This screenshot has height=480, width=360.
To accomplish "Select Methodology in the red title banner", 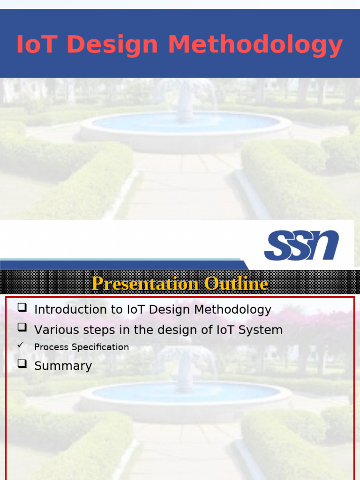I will pyautogui.click(x=255, y=46).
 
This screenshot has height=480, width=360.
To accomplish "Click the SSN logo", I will pyautogui.click(x=301, y=245).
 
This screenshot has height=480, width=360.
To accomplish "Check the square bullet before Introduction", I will pyautogui.click(x=22, y=308).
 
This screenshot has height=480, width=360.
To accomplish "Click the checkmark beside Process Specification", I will pyautogui.click(x=20, y=345).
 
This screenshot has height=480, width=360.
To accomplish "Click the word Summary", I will pyautogui.click(x=63, y=366).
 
